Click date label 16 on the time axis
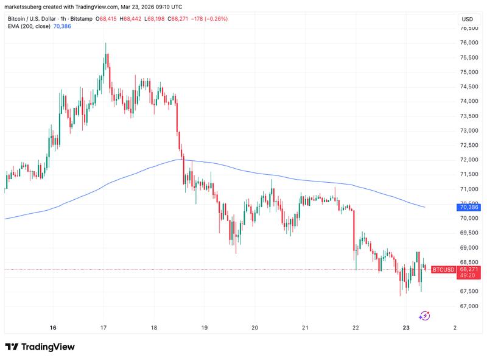pos(53,327)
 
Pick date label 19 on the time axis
pos(205,327)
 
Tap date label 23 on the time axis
pos(407,327)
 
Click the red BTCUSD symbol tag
pos(443,269)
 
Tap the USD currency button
pos(468,19)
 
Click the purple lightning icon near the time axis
pos(425,316)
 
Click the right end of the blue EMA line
pos(424,207)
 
